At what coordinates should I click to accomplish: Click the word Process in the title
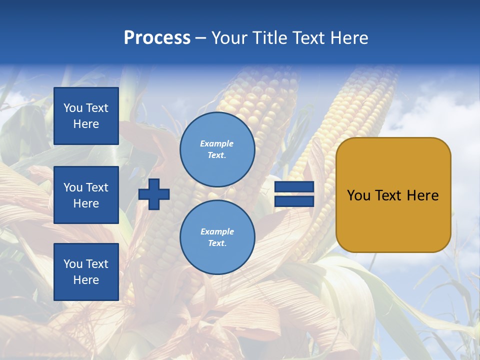[157, 38]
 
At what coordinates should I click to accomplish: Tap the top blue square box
[86, 116]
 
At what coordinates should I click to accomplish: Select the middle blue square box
[86, 195]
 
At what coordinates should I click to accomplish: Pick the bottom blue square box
[86, 272]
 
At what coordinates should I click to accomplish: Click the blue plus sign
[154, 194]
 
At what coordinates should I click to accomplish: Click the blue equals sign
[294, 194]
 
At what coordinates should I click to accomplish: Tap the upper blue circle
[217, 149]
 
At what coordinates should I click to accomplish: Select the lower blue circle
[217, 237]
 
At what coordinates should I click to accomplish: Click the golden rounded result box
[393, 195]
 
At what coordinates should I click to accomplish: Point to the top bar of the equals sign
[294, 187]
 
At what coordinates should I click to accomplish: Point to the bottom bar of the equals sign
[294, 201]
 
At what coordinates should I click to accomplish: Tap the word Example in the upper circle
[217, 143]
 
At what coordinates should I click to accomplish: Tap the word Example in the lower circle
[217, 231]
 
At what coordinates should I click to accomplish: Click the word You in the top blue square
[73, 108]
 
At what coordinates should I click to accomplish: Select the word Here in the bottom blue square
[86, 280]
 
